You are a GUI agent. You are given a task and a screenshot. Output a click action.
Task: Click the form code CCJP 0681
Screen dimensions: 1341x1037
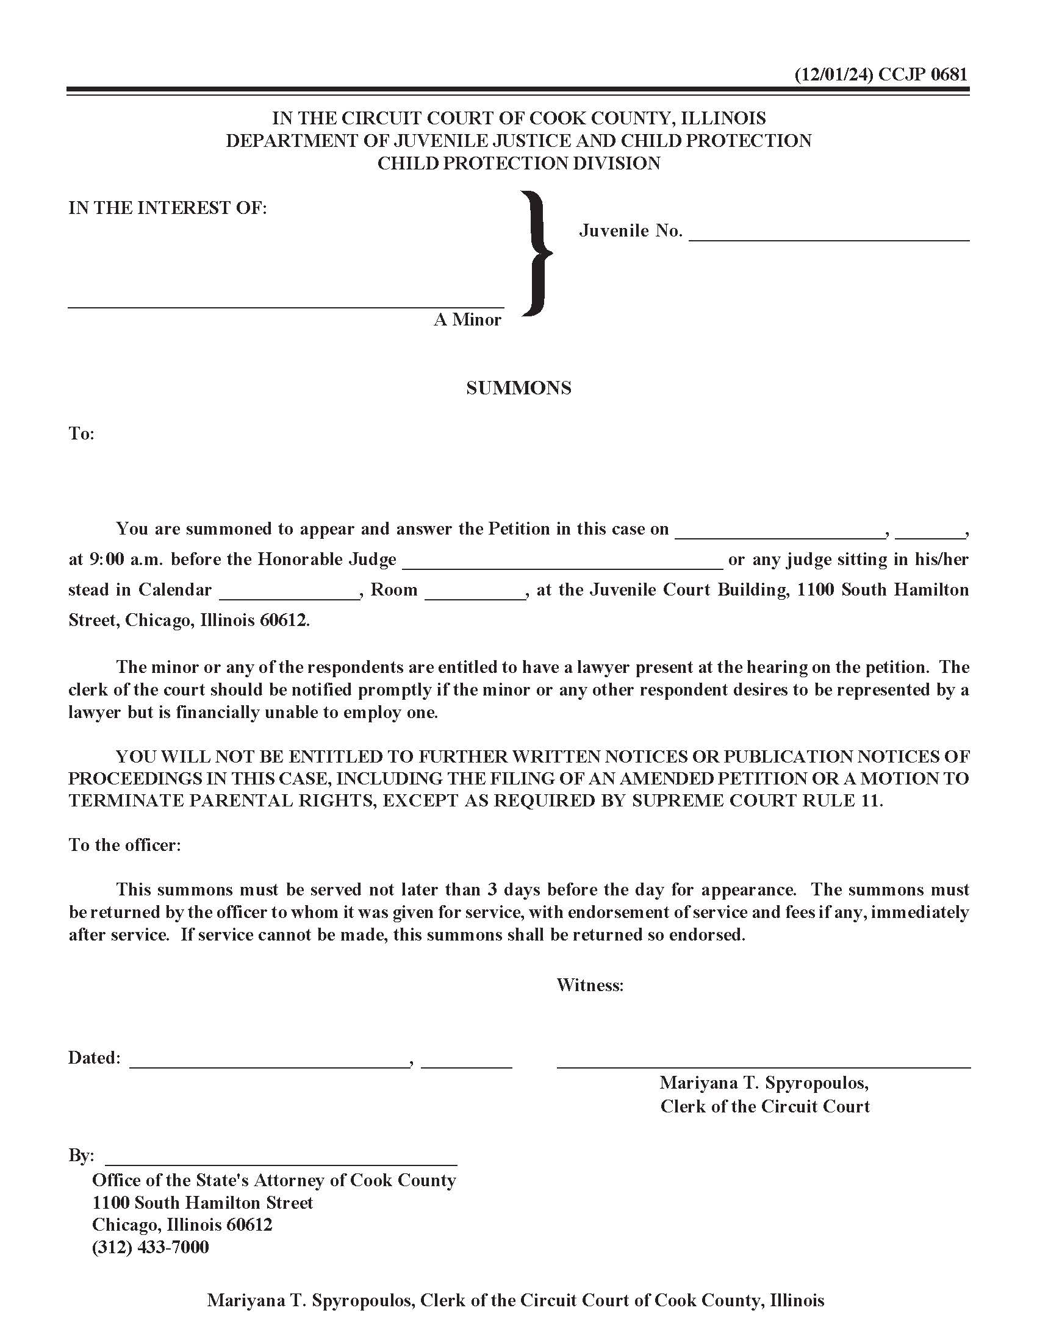point(923,74)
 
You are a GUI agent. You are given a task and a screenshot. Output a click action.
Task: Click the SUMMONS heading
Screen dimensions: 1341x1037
point(518,388)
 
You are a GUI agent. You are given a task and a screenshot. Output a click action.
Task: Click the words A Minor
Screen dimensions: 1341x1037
point(467,320)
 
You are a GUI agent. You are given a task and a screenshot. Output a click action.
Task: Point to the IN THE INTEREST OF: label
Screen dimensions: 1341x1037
point(168,208)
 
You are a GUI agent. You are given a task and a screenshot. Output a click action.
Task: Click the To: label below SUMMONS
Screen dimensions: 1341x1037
point(81,434)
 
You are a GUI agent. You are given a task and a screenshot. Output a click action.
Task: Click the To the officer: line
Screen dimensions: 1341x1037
point(124,845)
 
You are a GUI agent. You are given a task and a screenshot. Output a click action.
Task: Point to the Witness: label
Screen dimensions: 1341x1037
point(590,986)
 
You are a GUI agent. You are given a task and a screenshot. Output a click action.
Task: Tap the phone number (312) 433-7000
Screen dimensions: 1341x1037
point(151,1247)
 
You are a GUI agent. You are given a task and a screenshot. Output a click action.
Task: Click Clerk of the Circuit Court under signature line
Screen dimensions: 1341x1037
point(765,1106)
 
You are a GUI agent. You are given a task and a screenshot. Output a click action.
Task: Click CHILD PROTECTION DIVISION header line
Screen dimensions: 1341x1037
point(518,163)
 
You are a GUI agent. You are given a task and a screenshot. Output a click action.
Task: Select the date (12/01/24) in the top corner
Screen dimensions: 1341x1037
point(834,74)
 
